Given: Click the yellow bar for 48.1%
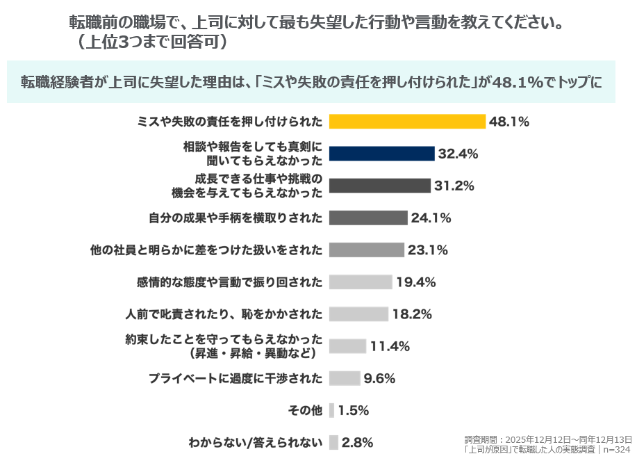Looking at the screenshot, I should [406, 122].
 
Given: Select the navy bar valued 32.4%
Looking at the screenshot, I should [381, 154].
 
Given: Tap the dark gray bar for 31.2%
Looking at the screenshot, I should [379, 186].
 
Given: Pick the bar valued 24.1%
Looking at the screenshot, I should [367, 218].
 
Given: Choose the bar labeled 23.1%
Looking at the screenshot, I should [366, 250].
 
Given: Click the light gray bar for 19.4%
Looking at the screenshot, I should [360, 282].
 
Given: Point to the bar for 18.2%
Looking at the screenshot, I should [358, 314].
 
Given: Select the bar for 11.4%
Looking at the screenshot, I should [347, 346].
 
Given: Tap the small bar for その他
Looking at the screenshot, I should [331, 410].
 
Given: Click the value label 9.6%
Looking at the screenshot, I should [380, 378].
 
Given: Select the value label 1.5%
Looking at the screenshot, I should [354, 410].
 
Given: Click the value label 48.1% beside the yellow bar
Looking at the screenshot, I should [509, 122].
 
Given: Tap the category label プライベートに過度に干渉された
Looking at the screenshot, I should [235, 378].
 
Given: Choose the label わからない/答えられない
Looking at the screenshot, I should [256, 442].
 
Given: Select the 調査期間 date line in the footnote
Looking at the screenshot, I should [549, 440].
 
